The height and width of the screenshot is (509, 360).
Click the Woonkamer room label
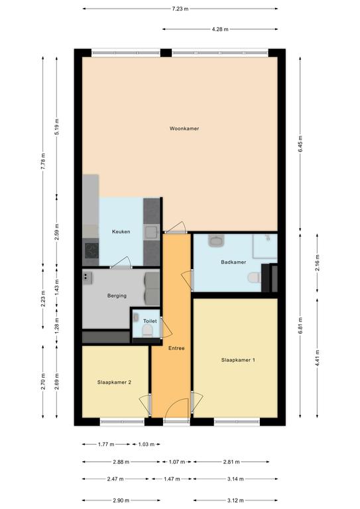[x=184, y=129]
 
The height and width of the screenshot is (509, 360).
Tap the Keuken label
[x=121, y=231]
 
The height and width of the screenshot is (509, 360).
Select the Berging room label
[x=117, y=296]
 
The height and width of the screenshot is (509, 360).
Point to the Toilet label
[x=150, y=321]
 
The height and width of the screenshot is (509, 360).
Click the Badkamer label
[x=233, y=262]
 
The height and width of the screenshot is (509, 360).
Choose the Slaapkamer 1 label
[x=238, y=360]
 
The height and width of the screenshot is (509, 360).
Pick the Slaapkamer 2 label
[x=114, y=382]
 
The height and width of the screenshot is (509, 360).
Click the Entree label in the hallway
[x=176, y=349]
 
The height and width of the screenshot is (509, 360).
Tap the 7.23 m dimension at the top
[x=180, y=9]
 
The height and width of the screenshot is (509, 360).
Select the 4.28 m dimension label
[x=220, y=29]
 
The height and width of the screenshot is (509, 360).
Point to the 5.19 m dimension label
[x=57, y=127]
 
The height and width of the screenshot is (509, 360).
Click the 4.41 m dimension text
[x=318, y=358]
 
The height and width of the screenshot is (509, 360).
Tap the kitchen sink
[x=151, y=233]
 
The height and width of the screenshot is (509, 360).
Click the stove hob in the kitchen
[x=91, y=251]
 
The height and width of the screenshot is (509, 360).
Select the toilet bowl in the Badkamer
[x=254, y=278]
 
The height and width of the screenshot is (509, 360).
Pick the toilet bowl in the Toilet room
[x=148, y=331]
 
